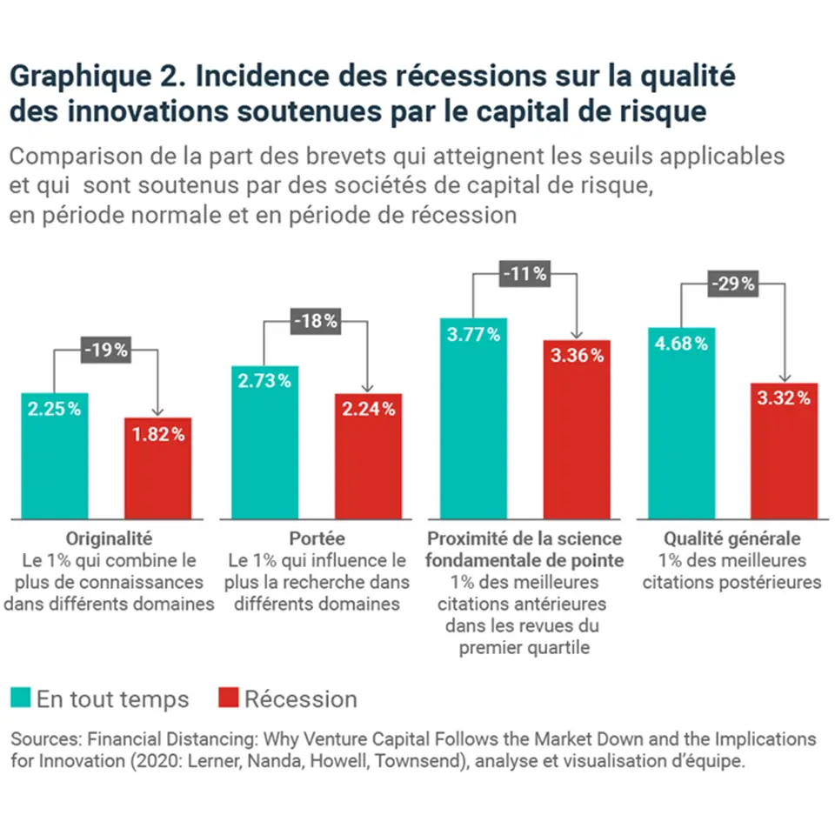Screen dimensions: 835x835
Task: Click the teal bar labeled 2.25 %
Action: pyautogui.click(x=55, y=457)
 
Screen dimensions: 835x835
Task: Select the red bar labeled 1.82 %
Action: pyautogui.click(x=158, y=470)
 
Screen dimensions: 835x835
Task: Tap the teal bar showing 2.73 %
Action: pyautogui.click(x=264, y=444)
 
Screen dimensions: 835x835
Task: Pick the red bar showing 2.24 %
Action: pyautogui.click(x=368, y=457)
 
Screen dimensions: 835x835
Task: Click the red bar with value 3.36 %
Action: pyautogui.click(x=578, y=431)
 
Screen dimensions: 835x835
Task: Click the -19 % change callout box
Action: pyautogui.click(x=106, y=351)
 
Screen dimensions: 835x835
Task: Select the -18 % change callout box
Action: pyautogui.click(x=315, y=322)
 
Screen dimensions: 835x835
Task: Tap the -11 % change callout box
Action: pyautogui.click(x=524, y=274)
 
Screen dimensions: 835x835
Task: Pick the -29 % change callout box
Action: pyautogui.click(x=733, y=284)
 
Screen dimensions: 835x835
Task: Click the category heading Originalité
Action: pyautogui.click(x=109, y=538)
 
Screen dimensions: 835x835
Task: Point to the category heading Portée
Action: pyautogui.click(x=317, y=538)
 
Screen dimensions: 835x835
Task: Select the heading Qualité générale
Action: pyautogui.click(x=732, y=538)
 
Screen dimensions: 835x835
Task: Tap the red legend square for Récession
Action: pyautogui.click(x=228, y=698)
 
